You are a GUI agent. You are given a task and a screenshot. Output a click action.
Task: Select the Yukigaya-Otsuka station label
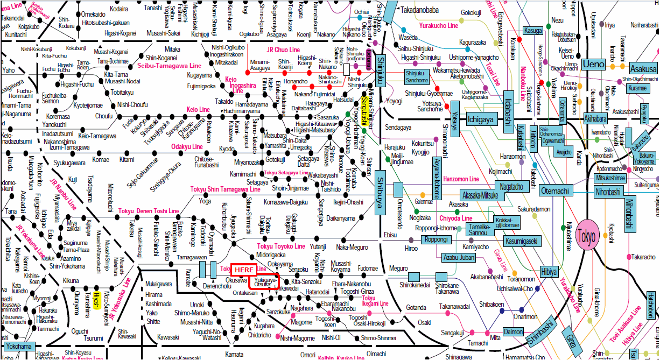pyautogui.click(x=265, y=283)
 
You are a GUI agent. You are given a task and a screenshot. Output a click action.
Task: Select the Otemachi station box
pyautogui.click(x=556, y=190)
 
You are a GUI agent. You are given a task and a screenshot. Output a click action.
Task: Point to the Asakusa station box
pyautogui.click(x=643, y=69)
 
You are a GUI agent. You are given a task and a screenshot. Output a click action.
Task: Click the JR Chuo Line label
pyautogui.click(x=284, y=50)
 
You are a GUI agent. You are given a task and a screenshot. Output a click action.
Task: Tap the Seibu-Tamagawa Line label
pyautogui.click(x=166, y=66)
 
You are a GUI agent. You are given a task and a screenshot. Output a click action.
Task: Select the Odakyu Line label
pyautogui.click(x=187, y=146)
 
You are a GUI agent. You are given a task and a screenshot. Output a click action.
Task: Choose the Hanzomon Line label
pyautogui.click(x=461, y=179)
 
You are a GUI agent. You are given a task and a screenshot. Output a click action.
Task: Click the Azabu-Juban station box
pyautogui.click(x=459, y=258)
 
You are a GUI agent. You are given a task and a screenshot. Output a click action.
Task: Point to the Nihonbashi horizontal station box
pyautogui.click(x=608, y=192)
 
